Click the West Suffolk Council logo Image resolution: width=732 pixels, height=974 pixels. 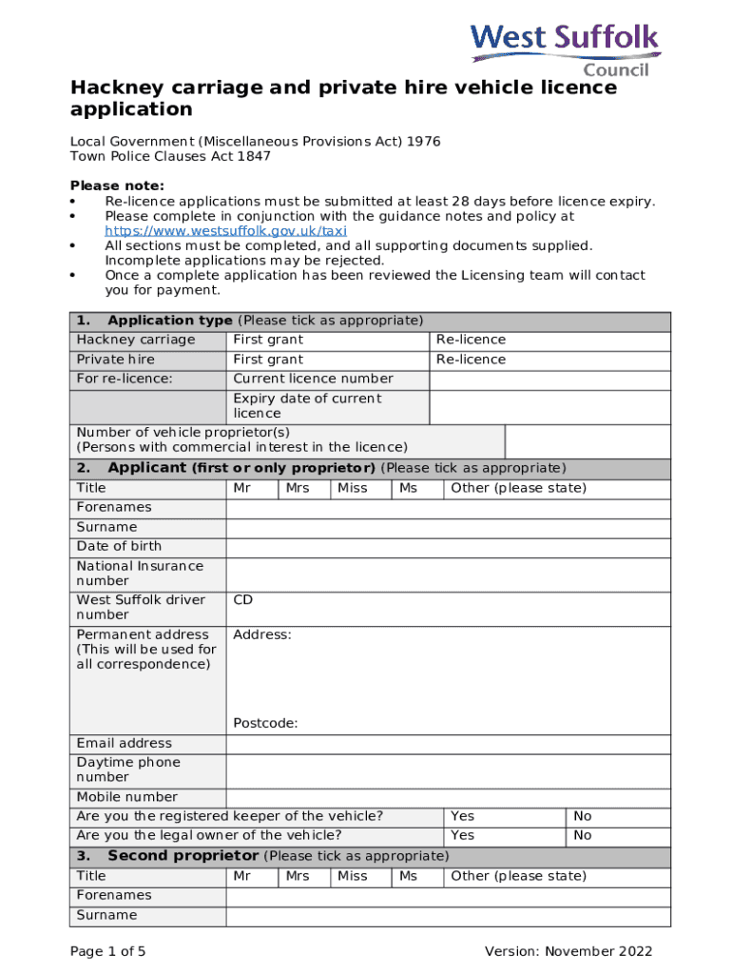565,50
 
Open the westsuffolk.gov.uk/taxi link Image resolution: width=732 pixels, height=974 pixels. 225,230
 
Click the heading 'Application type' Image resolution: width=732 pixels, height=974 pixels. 170,321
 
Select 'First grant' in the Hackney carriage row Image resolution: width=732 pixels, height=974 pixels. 269,340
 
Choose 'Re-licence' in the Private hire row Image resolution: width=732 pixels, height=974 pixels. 471,360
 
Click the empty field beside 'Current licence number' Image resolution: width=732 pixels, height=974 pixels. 549,379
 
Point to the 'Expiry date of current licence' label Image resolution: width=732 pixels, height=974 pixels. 307,406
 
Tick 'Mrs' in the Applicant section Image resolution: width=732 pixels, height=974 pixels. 298,488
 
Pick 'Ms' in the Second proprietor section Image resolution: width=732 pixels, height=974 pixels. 408,876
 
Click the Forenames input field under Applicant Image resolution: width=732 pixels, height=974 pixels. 448,507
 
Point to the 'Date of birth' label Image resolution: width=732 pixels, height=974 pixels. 119,546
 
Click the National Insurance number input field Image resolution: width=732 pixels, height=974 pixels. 448,573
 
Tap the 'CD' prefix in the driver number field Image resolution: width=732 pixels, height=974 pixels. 243,600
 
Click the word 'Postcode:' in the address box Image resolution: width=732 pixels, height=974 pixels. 265,723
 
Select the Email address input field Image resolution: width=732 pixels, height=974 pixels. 448,743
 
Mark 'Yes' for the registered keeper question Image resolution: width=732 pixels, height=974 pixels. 463,816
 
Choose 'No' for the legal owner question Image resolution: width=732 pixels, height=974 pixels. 583,835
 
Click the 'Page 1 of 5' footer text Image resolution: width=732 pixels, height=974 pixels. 108,951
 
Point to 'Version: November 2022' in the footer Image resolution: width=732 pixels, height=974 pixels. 568,951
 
